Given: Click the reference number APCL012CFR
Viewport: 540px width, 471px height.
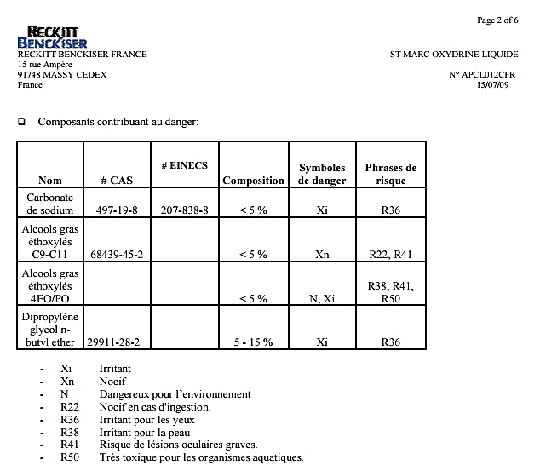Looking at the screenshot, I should coord(483,75).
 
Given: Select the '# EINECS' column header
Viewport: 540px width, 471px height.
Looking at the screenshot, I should coord(184,164).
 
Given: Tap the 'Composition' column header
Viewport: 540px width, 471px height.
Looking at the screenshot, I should coord(253,180).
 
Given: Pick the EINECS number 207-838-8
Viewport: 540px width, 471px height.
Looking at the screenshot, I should coord(185,210).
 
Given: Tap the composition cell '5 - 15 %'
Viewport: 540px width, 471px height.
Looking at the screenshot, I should coord(253,342).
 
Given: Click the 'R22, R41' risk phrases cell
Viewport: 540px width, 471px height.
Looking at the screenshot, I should coord(390,254).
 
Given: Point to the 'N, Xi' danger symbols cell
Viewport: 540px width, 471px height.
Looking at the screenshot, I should coord(322,298).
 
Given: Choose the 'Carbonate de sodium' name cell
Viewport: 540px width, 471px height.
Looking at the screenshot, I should coord(50,204).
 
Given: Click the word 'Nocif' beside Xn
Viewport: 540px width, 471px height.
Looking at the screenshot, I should coord(112,382).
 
